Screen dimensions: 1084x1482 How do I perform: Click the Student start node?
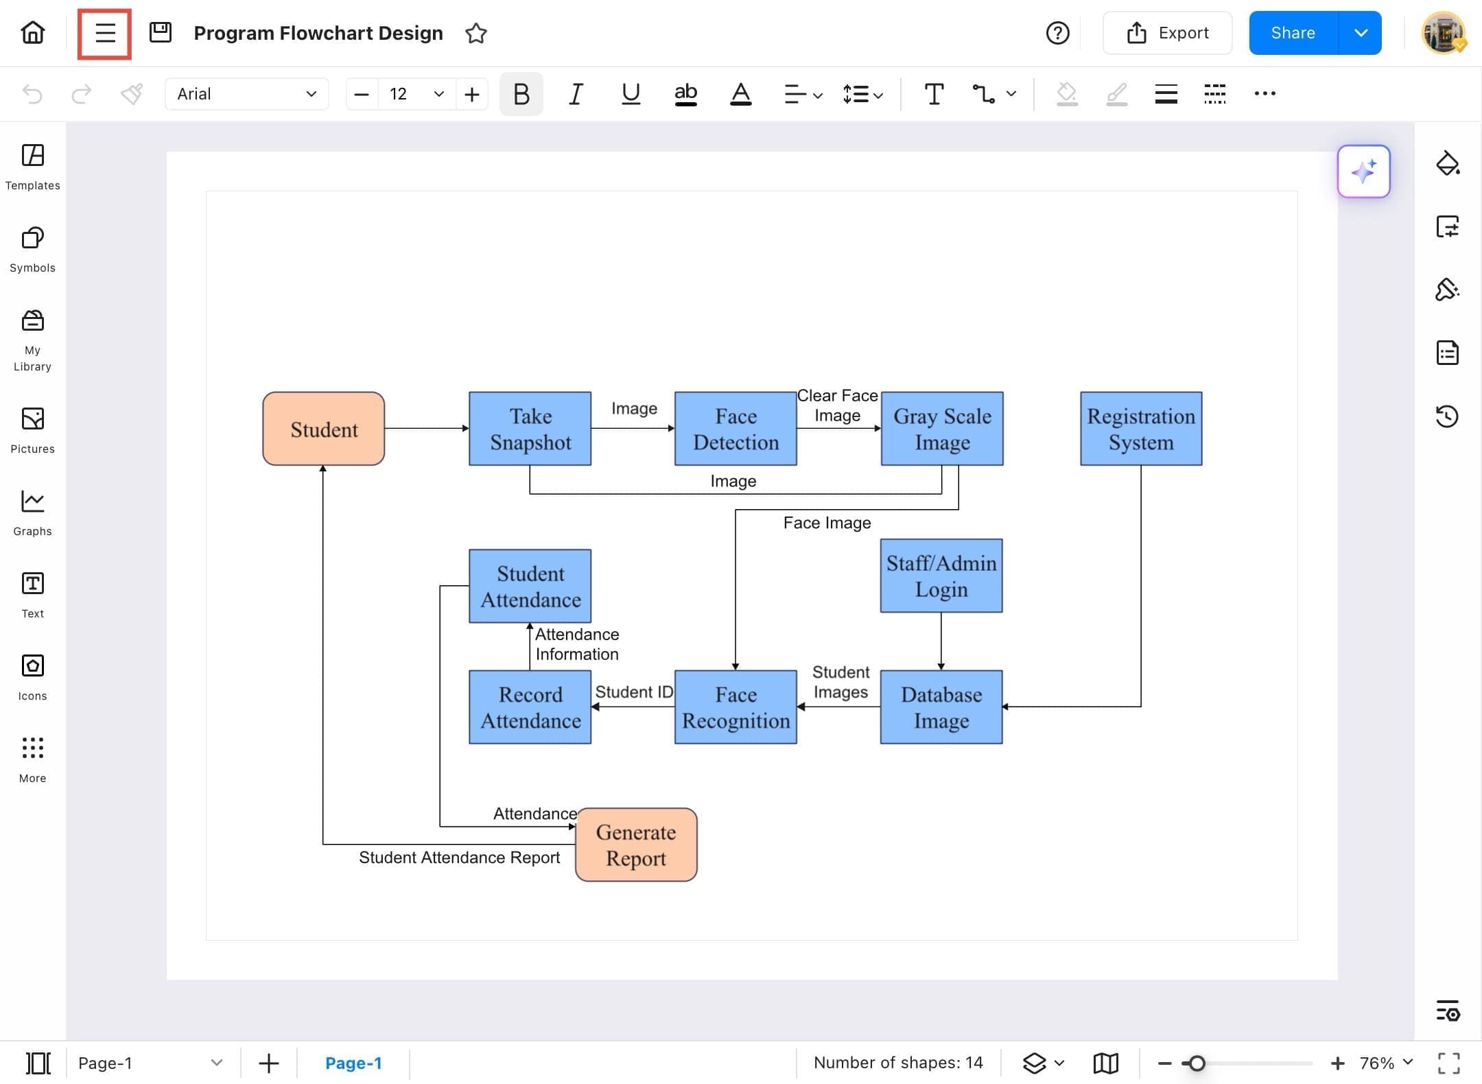[323, 429]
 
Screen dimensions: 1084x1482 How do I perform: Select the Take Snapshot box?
[530, 429]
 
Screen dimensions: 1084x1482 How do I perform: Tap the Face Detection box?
[736, 429]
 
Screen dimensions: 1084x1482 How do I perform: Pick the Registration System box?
[1141, 429]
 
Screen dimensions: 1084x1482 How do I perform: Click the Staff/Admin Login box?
[941, 576]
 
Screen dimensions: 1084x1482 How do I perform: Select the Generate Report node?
[636, 845]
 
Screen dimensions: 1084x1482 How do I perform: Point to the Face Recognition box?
[736, 707]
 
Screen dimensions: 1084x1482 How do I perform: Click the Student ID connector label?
[634, 692]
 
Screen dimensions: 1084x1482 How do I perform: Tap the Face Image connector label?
[827, 523]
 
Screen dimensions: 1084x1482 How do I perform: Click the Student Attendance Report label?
[459, 858]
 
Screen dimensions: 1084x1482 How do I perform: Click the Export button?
[1167, 33]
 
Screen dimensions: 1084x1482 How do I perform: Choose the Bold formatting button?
[521, 94]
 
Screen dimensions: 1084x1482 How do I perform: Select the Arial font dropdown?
[246, 94]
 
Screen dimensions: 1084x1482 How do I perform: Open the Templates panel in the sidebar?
[32, 167]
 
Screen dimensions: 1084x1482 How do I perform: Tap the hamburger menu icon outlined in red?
[105, 33]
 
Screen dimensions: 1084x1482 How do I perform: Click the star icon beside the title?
[475, 33]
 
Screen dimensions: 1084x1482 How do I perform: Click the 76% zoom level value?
[1377, 1063]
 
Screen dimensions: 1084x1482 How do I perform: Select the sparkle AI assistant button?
[1363, 172]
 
